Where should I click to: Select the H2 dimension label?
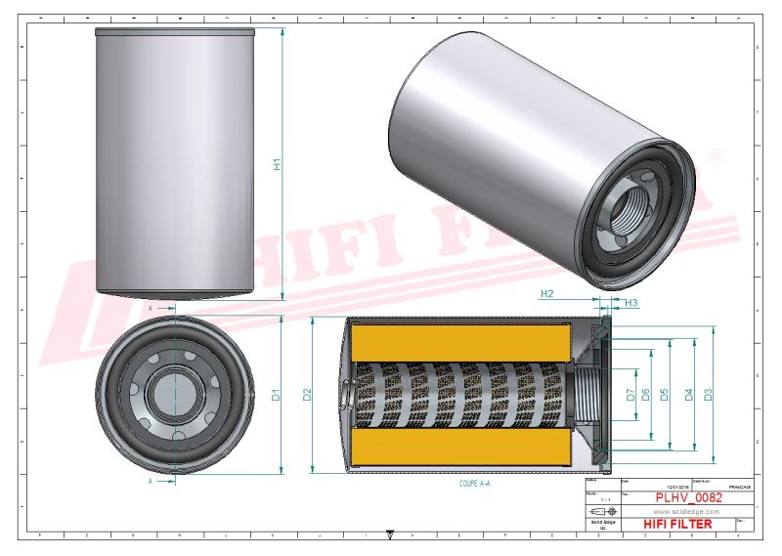(547, 293)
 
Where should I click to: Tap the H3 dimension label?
(631, 304)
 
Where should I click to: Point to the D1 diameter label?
(277, 396)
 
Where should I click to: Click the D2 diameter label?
(307, 396)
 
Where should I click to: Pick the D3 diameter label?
(709, 395)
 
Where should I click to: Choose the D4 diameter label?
(689, 395)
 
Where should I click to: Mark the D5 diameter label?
(664, 395)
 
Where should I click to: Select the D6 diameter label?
(645, 395)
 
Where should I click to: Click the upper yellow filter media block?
(459, 341)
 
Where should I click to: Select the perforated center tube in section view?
(459, 395)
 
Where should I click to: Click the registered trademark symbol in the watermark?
(713, 156)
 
